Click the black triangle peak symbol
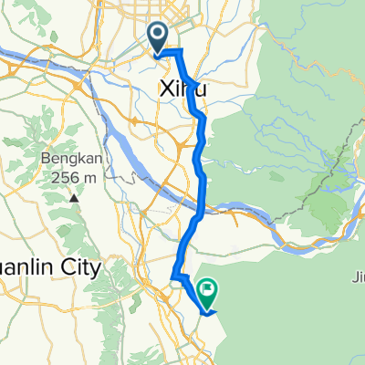click(x=71, y=195)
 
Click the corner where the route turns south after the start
click(x=182, y=50)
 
